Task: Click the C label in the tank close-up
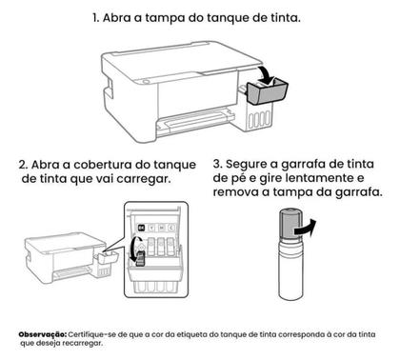coord(155,228)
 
